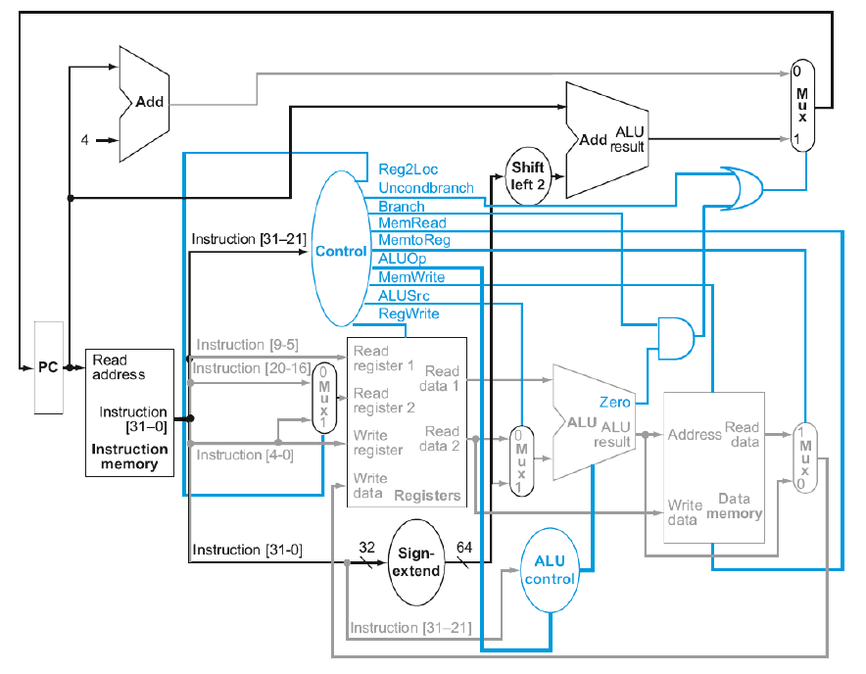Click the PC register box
point(48,367)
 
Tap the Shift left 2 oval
point(527,177)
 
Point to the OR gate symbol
point(743,188)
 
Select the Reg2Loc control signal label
point(408,169)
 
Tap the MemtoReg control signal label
point(414,241)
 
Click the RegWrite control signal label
point(409,313)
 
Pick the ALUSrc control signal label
point(404,296)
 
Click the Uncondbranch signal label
point(426,187)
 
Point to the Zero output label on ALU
point(615,402)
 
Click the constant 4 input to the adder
point(85,139)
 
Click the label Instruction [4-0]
point(244,455)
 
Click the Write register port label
point(378,442)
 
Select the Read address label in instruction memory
point(119,367)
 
